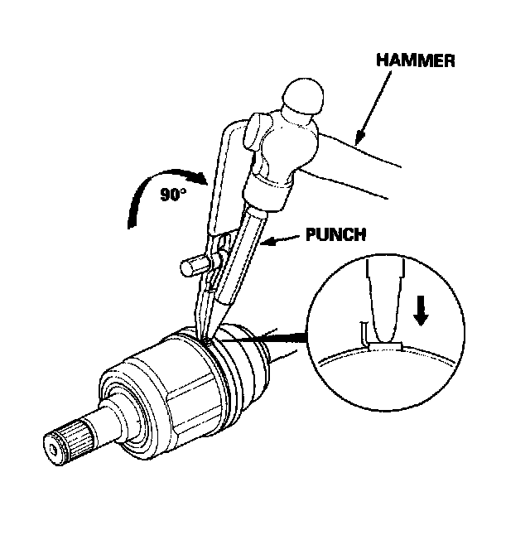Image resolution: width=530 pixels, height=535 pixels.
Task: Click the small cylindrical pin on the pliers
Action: [x=191, y=267]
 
